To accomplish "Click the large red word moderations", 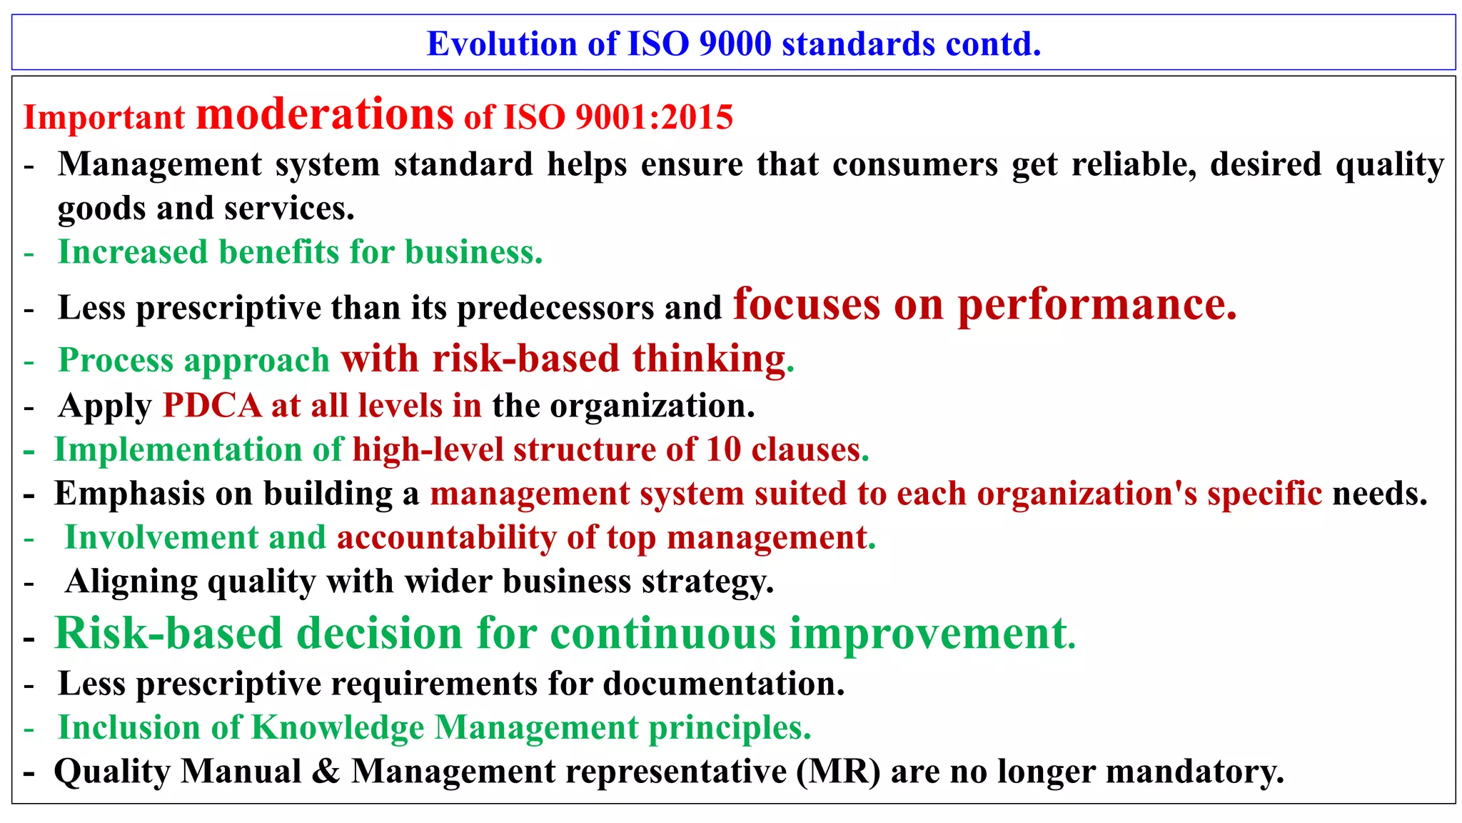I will point(325,114).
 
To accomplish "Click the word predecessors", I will point(555,309).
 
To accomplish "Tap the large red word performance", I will point(1096,305).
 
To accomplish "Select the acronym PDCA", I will point(212,406).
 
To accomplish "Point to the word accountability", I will point(446,538).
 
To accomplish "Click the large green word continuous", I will point(663,634).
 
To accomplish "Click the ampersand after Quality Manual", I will point(326,772).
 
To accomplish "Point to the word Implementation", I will point(178,450).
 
